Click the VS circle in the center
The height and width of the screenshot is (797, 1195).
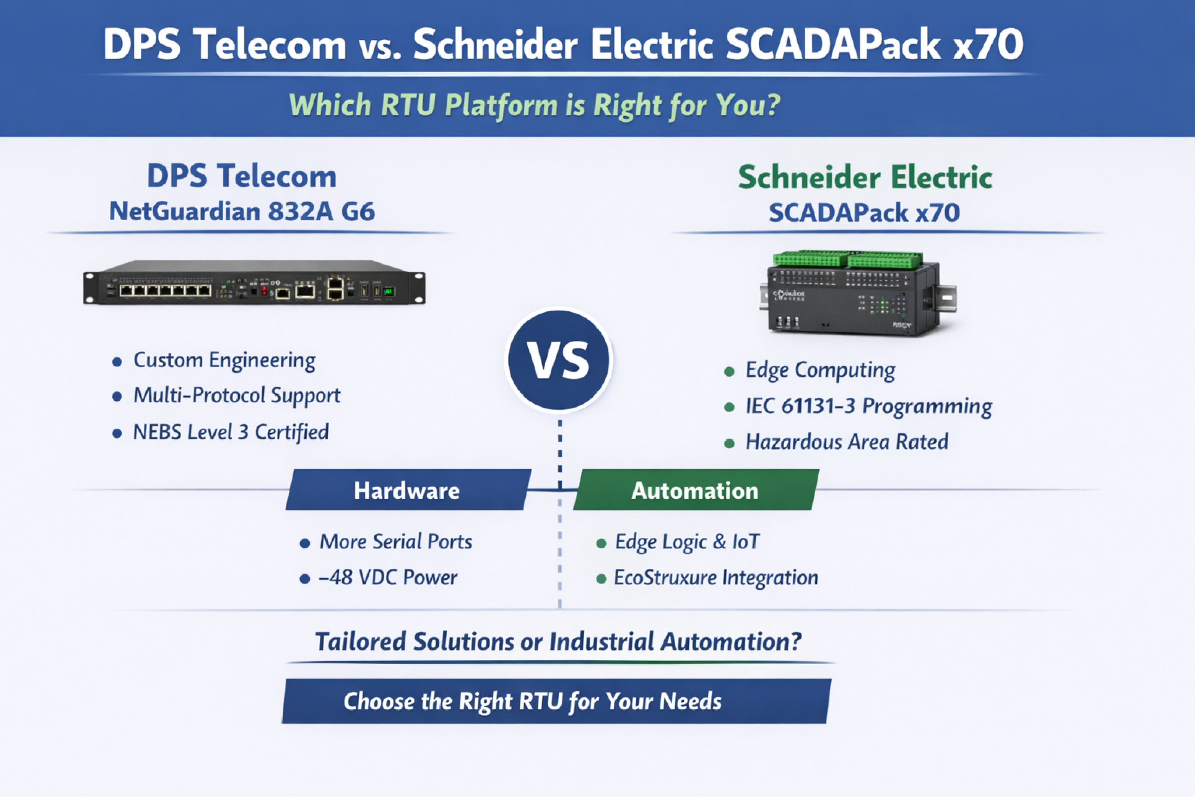click(x=559, y=360)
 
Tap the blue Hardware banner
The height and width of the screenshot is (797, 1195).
click(x=407, y=490)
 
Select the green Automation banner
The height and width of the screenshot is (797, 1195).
click(x=695, y=490)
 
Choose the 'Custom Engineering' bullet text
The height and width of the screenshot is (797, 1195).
click(x=224, y=360)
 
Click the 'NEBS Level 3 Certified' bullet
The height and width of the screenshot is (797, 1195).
click(x=231, y=432)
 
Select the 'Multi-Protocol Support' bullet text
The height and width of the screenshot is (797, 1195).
click(x=237, y=395)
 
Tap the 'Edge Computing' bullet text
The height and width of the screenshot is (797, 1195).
click(x=820, y=370)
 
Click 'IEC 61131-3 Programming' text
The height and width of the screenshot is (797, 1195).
click(x=868, y=406)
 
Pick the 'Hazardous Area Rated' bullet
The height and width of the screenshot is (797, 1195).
click(x=847, y=442)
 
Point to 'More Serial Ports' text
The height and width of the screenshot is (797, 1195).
click(x=395, y=542)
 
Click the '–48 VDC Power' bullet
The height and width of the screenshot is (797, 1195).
click(x=387, y=577)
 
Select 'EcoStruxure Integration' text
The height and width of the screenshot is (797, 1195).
click(x=716, y=577)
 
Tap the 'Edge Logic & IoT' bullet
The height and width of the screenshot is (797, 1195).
click(x=687, y=542)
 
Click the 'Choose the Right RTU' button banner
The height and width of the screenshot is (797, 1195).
click(x=556, y=701)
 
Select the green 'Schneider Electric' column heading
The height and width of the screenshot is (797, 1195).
click(x=865, y=177)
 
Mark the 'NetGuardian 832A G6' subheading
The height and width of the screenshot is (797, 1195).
click(x=242, y=211)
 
